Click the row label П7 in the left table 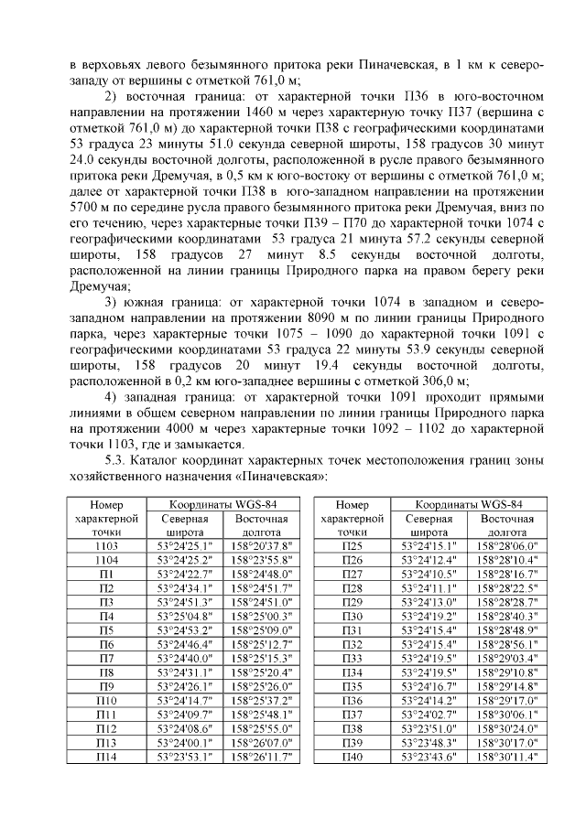point(107,658)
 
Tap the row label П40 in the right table point(353,758)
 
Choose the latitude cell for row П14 point(184,758)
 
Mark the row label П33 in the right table point(353,658)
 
